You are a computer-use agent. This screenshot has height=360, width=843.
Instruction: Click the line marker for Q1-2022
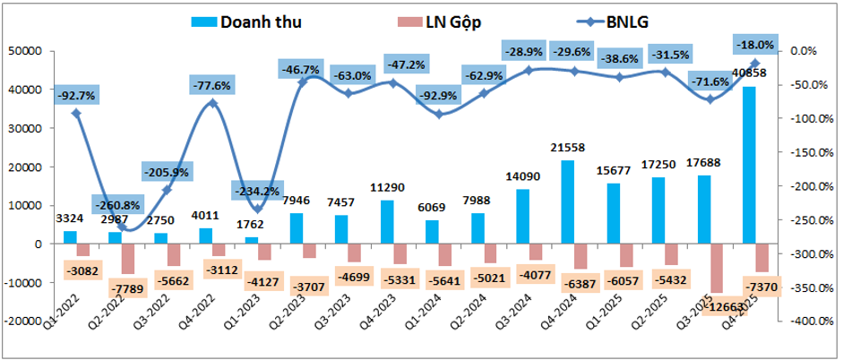pos(76,114)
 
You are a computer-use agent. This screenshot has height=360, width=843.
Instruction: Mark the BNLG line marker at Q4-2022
pos(212,103)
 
